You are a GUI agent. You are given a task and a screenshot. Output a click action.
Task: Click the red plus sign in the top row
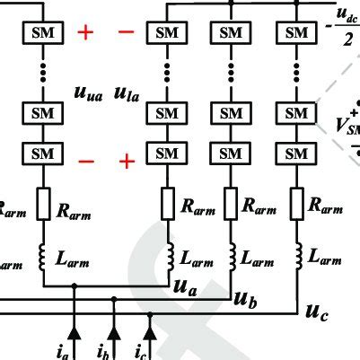[x=85, y=33]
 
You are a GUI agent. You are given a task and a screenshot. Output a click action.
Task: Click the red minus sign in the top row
[x=126, y=33]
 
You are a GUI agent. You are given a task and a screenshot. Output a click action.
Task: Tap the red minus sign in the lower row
[x=85, y=162]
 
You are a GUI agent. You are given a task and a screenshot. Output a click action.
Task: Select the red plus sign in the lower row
[x=127, y=162]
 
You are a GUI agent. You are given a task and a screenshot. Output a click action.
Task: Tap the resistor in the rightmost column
[x=296, y=206]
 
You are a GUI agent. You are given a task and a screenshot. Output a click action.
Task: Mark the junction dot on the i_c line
[x=150, y=314]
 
